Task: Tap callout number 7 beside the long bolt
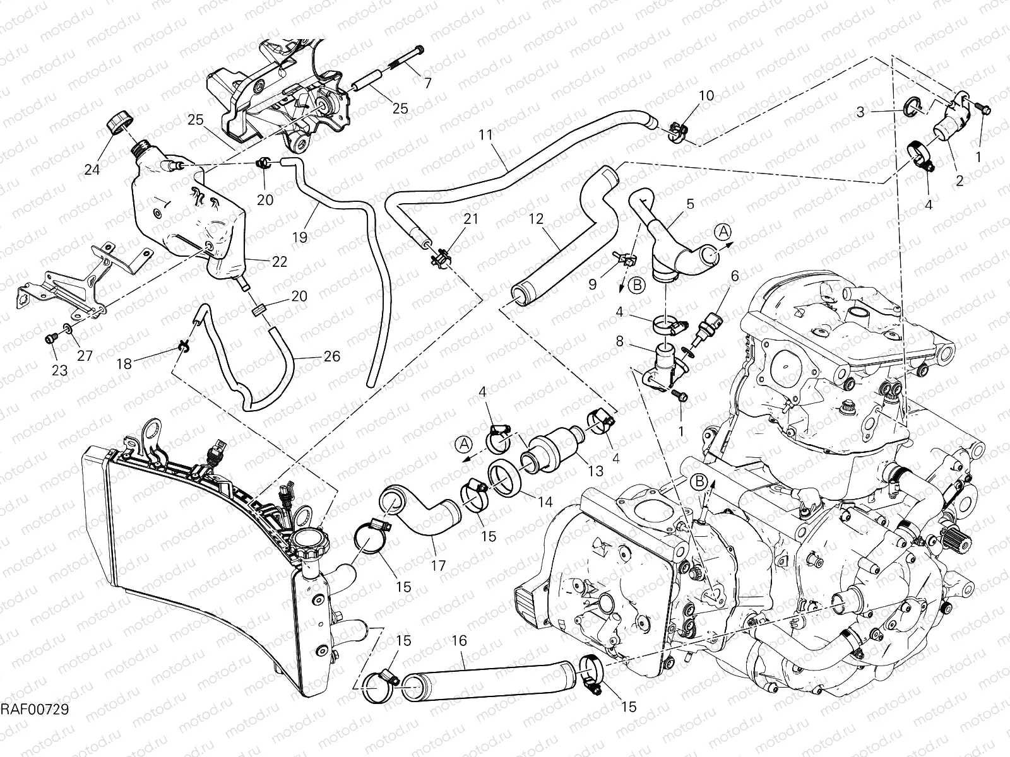[x=427, y=83]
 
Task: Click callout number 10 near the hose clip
[x=706, y=96]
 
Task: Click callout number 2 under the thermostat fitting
[x=959, y=181]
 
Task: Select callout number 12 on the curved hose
[x=536, y=220]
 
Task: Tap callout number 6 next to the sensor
[x=734, y=276]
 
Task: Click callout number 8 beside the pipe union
[x=620, y=342]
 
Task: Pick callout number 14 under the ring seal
[x=545, y=502]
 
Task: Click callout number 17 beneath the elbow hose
[x=438, y=565]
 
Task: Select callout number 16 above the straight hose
[x=459, y=641]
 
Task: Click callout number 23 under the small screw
[x=59, y=370]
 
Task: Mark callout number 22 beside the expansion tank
[x=280, y=261]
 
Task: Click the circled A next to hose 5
[x=723, y=232]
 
